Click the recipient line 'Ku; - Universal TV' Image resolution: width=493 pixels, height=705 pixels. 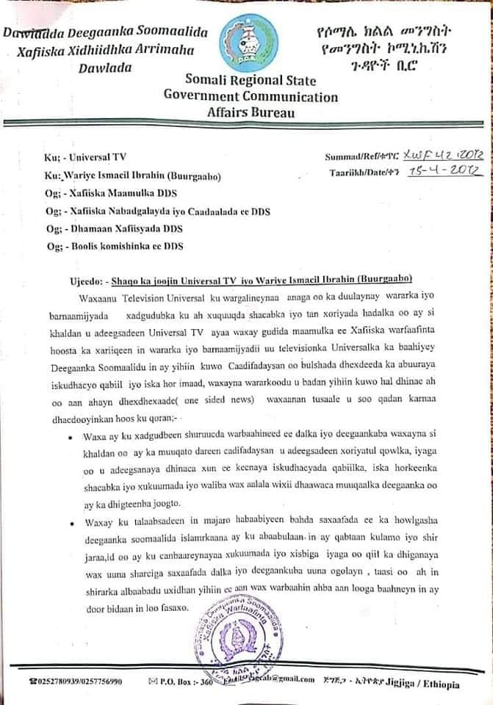pos(74,157)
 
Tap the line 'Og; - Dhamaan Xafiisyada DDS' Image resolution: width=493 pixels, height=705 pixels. pos(114,228)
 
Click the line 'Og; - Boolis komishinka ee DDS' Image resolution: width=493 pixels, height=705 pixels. pos(114,245)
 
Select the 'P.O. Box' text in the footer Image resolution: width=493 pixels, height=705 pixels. pos(184,682)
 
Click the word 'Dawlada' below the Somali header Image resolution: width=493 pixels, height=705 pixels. pos(104,67)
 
